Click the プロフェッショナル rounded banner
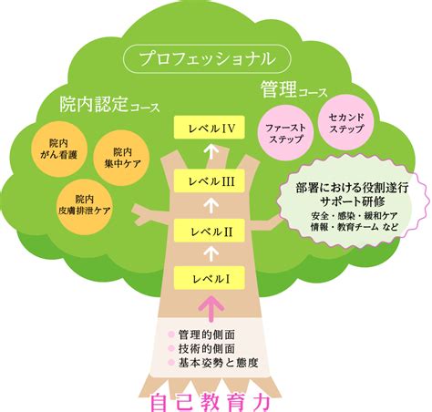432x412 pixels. [207, 58]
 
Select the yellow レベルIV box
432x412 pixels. [210, 128]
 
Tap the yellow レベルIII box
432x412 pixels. [210, 180]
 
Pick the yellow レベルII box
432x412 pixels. [210, 231]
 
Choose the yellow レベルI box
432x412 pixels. [210, 278]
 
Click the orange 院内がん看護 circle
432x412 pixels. [59, 149]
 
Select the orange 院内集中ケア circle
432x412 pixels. [122, 158]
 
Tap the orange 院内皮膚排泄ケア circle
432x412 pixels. [85, 207]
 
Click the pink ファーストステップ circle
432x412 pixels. [285, 132]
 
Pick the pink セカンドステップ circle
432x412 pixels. [346, 122]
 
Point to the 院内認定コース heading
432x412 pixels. [109, 105]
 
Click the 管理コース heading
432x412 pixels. [294, 89]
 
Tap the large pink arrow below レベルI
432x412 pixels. [211, 308]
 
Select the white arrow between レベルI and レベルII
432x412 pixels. [211, 253]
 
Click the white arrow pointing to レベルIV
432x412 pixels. [211, 151]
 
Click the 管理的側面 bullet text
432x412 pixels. [207, 335]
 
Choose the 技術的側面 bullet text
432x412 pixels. [207, 348]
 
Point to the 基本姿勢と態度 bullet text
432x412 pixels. [218, 363]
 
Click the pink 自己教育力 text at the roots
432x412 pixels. [211, 402]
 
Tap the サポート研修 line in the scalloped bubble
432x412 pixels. [353, 201]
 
